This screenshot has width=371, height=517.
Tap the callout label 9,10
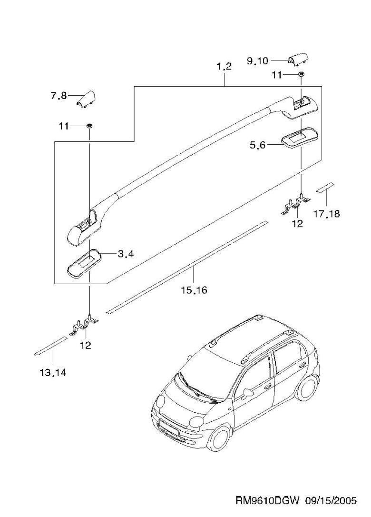tap(257, 60)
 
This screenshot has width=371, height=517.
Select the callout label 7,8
tap(59, 96)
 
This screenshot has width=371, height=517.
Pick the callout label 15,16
tap(194, 289)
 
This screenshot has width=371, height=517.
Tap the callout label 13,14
tap(52, 372)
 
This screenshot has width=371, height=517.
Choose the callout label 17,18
tap(327, 214)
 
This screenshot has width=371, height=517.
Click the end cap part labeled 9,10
tap(298, 60)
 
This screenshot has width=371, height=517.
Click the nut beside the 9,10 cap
tap(302, 75)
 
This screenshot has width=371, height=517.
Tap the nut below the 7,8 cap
tap(89, 126)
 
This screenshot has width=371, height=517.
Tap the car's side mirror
tap(247, 393)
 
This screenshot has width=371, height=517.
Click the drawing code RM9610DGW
tap(267, 501)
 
